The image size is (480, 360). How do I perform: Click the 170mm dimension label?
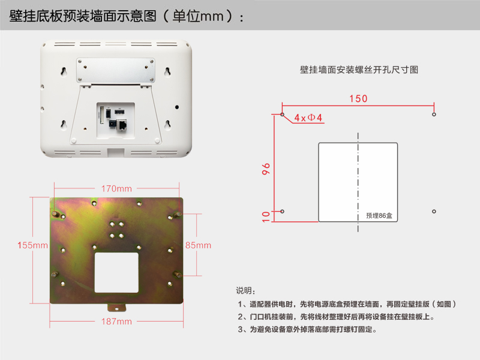[x=116, y=188]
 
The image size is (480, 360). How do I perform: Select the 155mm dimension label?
[x=32, y=245]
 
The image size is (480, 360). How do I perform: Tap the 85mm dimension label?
[x=198, y=245]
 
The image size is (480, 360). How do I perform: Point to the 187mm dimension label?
[x=116, y=322]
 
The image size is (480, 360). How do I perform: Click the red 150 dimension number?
[x=358, y=98]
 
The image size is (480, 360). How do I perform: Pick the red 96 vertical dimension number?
[x=266, y=169]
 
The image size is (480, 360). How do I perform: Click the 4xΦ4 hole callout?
[x=308, y=118]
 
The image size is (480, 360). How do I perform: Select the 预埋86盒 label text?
[x=379, y=215]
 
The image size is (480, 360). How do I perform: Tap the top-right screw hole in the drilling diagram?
[x=434, y=115]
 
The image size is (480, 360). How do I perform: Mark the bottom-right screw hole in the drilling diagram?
[x=434, y=212]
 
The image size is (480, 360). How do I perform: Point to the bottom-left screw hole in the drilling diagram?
[x=282, y=212]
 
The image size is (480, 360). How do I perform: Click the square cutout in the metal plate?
[x=116, y=272]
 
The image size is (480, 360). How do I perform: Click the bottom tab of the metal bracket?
[x=116, y=308]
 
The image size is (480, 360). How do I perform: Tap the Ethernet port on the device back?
[x=122, y=125]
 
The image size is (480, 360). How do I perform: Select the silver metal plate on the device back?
[x=116, y=70]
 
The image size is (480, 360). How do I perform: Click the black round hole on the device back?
[x=177, y=107]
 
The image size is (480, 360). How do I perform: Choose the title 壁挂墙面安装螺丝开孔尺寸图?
[x=359, y=70]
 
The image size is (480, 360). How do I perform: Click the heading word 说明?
[x=244, y=290]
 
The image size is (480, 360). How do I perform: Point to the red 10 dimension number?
[x=266, y=217]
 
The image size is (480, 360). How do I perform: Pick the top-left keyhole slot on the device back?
[x=64, y=71]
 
